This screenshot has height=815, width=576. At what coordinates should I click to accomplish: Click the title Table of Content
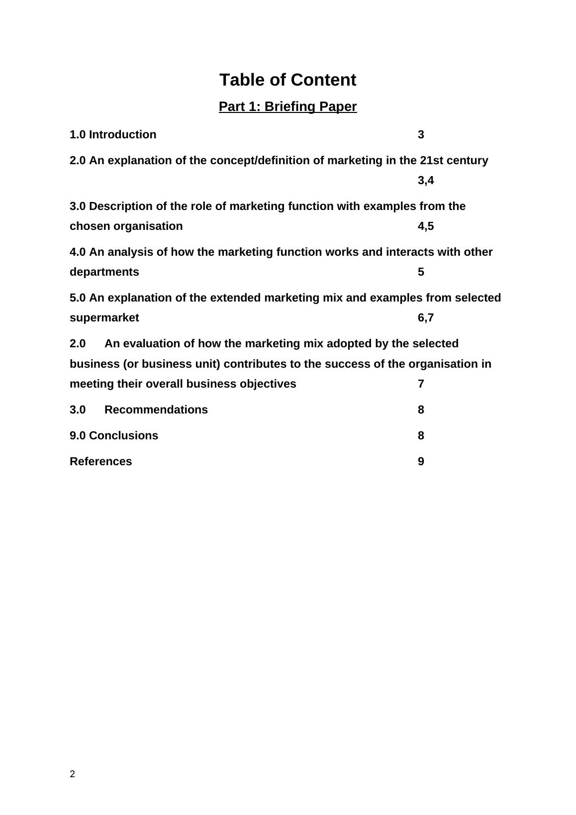[288, 80]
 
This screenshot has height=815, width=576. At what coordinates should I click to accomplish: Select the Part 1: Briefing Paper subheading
[288, 107]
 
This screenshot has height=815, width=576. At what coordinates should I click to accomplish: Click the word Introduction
[122, 135]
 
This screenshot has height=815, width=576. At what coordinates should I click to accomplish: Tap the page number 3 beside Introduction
[421, 135]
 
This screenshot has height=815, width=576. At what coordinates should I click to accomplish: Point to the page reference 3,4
[425, 181]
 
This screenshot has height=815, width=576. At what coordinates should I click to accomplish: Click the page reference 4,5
[425, 226]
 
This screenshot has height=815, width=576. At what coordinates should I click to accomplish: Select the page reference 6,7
[425, 318]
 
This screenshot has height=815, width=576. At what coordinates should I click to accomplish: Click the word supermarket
[104, 318]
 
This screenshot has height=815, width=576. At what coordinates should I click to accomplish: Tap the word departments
[104, 272]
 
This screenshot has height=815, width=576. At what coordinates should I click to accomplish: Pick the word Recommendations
[156, 410]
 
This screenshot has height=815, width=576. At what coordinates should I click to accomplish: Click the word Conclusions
[123, 436]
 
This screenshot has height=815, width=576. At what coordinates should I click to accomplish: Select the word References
[101, 462]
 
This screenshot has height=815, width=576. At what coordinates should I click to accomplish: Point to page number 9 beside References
[421, 462]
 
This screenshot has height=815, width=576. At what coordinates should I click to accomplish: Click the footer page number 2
[73, 774]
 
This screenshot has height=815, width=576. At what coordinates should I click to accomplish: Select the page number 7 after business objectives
[421, 384]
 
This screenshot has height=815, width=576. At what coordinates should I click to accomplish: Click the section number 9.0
[78, 436]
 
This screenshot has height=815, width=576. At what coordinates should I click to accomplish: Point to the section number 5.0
[78, 298]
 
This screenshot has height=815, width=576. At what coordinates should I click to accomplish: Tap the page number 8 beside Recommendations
[421, 410]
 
